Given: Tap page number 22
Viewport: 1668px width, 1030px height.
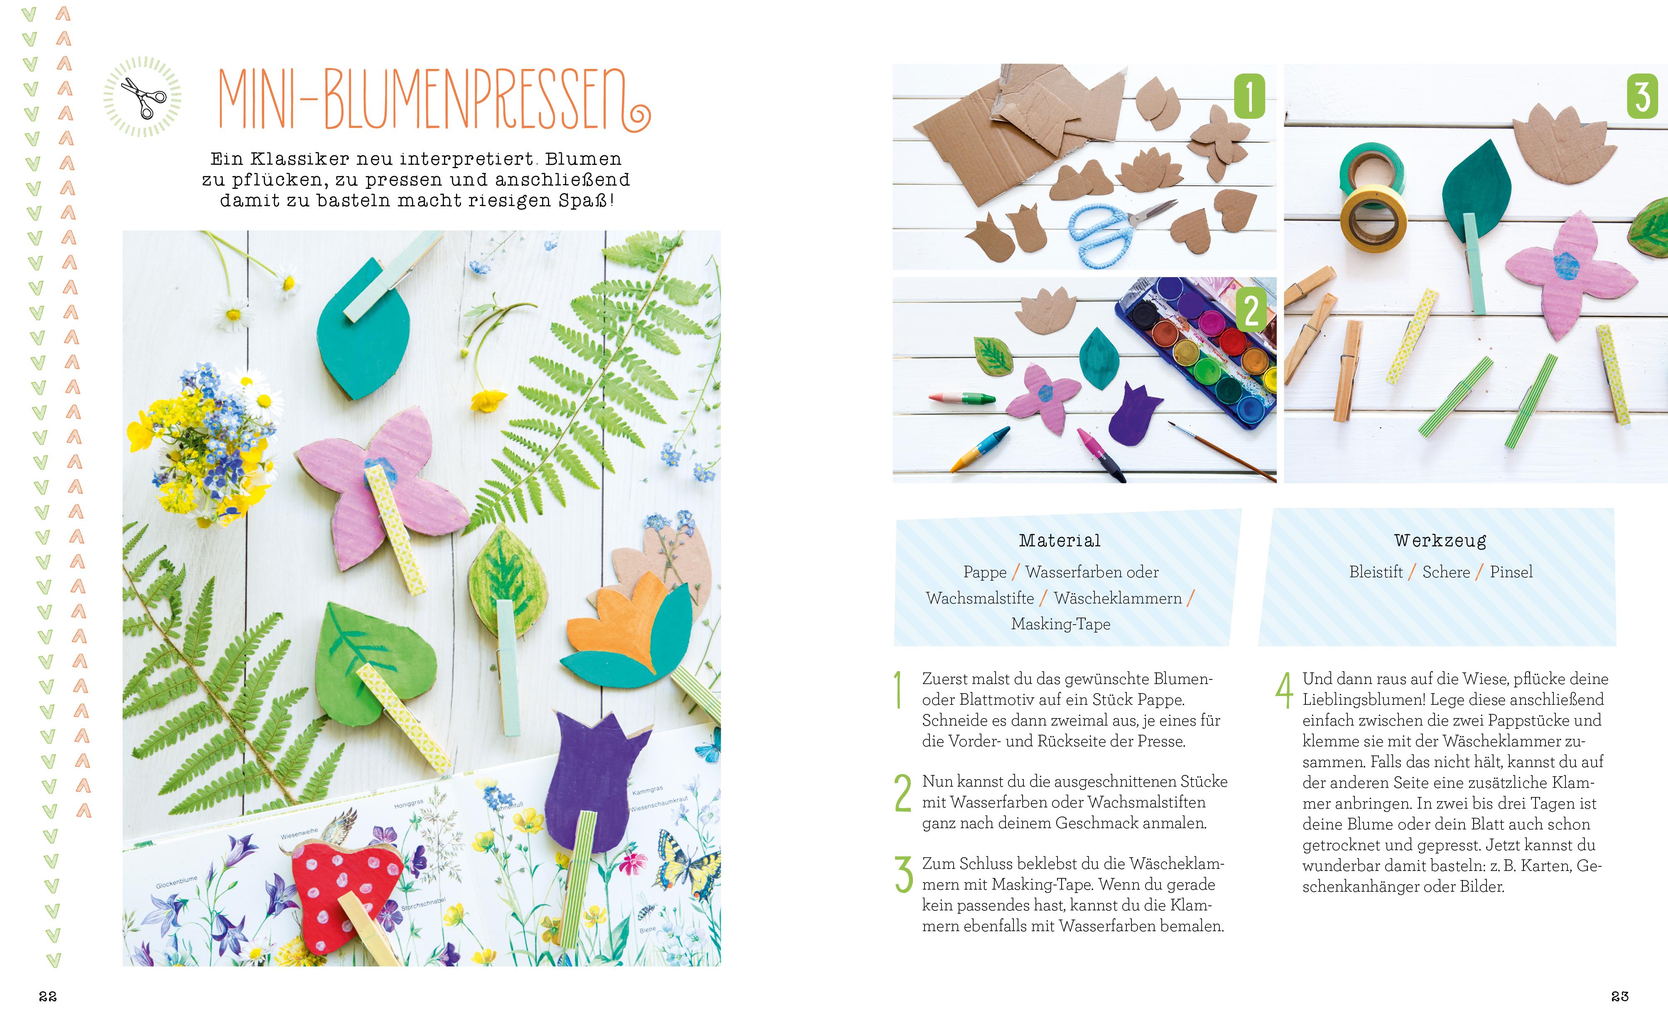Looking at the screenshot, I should point(48,996).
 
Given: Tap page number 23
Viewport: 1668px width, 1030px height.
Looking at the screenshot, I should point(1620,996).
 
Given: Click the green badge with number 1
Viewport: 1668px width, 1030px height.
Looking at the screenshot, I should point(1249,96).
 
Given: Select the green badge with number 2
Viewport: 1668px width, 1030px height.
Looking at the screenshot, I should point(1251,311).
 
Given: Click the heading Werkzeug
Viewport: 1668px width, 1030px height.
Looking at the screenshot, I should point(1440,541).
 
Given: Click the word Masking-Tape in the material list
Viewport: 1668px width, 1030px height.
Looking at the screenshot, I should point(1060,624).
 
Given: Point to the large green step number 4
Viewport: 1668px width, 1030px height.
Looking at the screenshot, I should point(1284,691).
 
